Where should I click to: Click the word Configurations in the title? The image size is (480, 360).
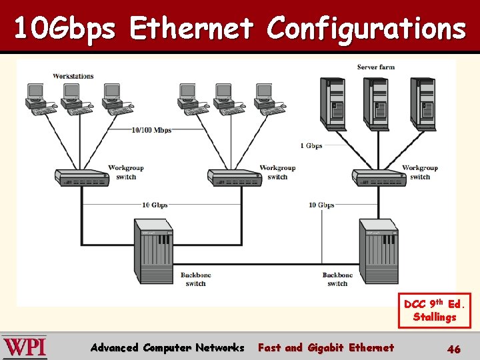366,29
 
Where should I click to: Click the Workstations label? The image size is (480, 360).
73,76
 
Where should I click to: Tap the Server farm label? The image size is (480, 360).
376,67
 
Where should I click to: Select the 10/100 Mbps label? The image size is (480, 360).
151,129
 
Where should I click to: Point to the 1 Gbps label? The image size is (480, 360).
311,145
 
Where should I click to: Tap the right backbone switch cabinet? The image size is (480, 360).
378,250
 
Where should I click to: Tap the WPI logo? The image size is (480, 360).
25,347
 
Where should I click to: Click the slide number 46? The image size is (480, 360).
453,348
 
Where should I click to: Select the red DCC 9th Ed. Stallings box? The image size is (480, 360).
434,311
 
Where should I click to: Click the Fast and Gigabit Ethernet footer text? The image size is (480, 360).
325,347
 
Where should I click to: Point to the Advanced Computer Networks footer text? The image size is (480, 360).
167,347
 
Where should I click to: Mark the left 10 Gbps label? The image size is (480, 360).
155,205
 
